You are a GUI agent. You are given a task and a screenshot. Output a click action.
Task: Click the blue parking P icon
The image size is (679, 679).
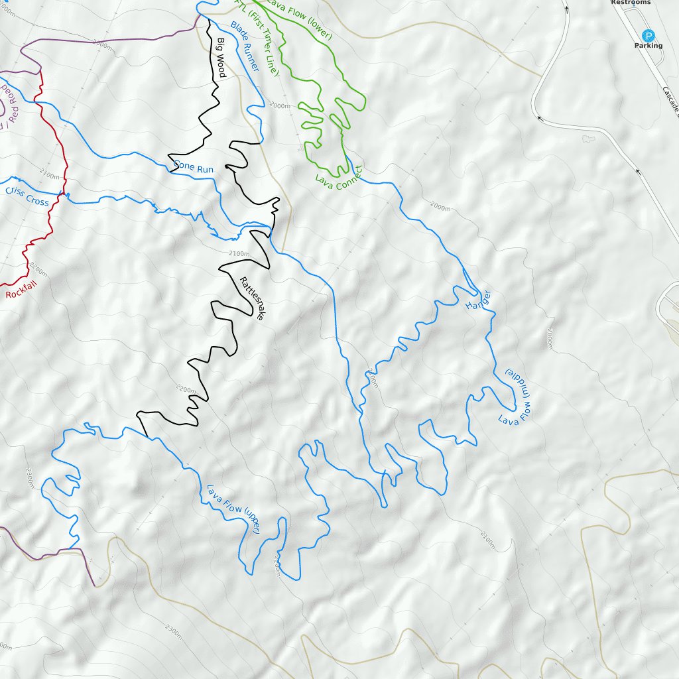[648, 35]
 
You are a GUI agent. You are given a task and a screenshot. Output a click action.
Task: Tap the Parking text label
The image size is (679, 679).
[648, 46]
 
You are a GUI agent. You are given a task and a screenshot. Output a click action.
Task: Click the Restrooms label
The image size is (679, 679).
[631, 3]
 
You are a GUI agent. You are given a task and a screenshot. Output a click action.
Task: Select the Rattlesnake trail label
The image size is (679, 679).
[252, 298]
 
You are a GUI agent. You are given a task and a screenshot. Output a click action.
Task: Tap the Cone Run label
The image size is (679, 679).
[194, 168]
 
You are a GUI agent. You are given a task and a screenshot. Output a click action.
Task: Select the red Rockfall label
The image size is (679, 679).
[23, 290]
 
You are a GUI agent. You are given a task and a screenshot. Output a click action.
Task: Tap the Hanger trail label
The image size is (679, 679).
[477, 300]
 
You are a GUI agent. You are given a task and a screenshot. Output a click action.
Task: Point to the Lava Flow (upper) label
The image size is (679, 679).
[233, 509]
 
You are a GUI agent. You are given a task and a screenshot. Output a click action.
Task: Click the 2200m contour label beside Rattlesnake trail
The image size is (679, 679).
[184, 387]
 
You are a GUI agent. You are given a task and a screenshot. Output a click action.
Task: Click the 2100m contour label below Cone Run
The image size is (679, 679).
[238, 253]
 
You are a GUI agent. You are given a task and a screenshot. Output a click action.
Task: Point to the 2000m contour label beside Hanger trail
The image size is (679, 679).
[439, 207]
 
